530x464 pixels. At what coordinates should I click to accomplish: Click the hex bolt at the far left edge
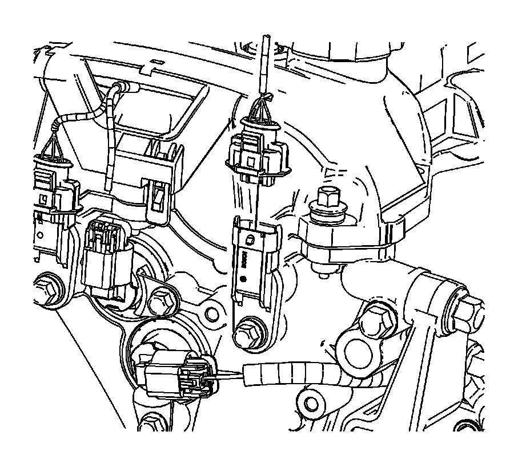tap(47, 289)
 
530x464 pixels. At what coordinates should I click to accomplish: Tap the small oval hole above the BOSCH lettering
tap(249, 239)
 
